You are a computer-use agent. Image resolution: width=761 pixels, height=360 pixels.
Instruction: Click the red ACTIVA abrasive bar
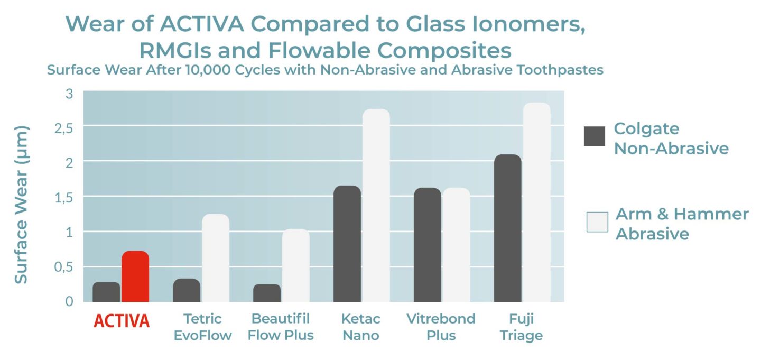tap(135, 276)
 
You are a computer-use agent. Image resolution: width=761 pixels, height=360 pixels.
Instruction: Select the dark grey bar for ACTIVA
tap(106, 292)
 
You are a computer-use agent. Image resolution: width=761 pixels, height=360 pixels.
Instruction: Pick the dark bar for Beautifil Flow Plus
tap(267, 293)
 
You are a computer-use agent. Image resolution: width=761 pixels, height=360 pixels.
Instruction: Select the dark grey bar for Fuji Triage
tap(507, 228)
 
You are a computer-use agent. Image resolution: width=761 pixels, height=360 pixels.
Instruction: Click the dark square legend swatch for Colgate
tap(595, 136)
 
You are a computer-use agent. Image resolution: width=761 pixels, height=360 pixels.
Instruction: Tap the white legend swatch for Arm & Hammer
tap(597, 222)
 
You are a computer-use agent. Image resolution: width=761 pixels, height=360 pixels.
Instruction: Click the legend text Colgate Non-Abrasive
tap(671, 139)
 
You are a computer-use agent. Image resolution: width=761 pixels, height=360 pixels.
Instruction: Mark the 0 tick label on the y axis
tap(70, 301)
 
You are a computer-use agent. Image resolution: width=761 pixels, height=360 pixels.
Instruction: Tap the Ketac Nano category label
tap(360, 327)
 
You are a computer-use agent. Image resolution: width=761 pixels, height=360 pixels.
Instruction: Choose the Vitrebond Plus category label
tap(441, 327)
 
